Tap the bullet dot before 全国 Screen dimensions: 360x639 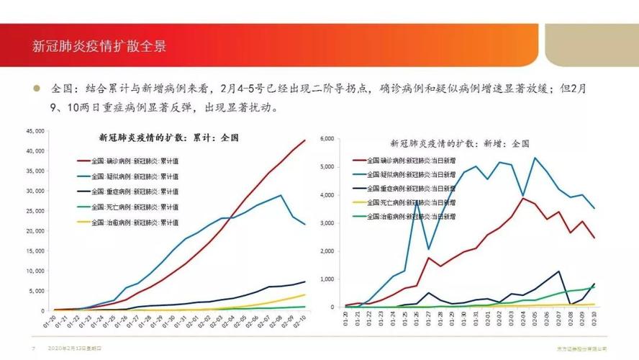37,89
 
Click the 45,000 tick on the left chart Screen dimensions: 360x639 35,131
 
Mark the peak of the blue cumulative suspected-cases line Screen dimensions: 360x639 281,195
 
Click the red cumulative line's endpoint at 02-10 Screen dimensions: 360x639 304,140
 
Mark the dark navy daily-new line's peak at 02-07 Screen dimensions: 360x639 558,271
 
